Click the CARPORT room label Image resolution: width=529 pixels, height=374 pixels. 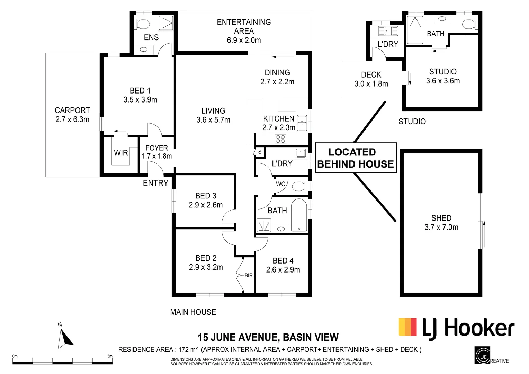72,110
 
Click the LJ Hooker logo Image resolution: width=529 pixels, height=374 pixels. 457,327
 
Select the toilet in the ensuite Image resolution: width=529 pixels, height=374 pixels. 142,24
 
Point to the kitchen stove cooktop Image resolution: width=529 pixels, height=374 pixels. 280,139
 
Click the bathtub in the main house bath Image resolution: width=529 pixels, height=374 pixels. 299,215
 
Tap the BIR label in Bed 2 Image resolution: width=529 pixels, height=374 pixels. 249,276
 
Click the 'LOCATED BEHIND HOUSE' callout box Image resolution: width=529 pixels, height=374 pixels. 356,158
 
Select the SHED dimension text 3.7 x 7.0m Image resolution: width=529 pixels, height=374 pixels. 441,228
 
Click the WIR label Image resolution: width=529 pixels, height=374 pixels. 121,153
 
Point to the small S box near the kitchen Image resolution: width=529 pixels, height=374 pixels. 259,152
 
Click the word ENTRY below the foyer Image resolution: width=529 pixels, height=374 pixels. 155,183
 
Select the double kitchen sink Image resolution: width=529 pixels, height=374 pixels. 302,123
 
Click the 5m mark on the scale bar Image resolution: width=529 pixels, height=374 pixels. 110,356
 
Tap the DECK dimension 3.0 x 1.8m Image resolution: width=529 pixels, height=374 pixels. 371,84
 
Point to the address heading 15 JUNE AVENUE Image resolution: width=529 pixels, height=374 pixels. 237,337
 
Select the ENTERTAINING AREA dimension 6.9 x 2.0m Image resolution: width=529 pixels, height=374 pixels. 244,40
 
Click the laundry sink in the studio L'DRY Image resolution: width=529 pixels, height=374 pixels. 388,31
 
